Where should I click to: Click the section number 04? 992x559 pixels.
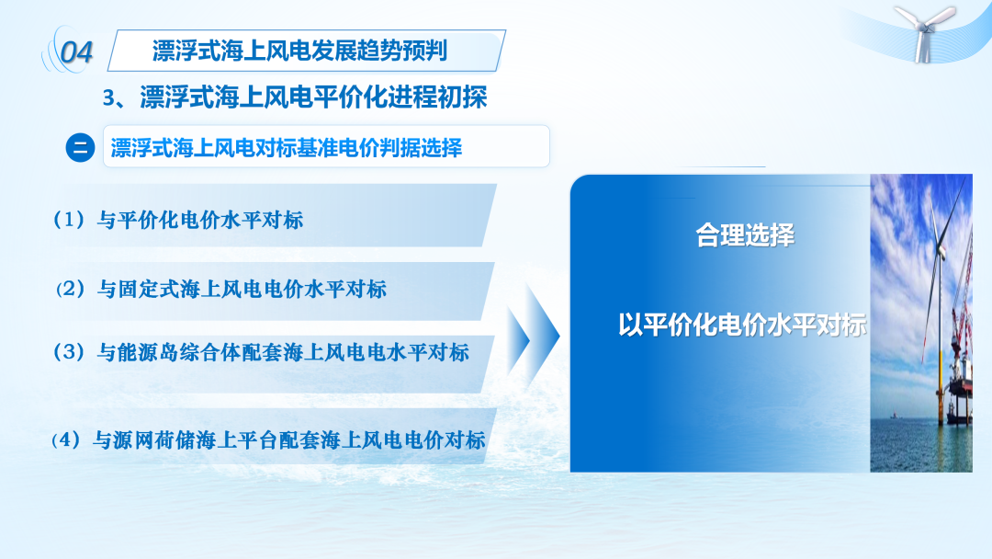[x=76, y=51]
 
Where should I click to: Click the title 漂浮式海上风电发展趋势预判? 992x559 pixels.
[x=299, y=51]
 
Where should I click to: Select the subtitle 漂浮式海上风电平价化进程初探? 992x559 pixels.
[x=313, y=97]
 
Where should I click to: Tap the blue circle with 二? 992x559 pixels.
[x=80, y=147]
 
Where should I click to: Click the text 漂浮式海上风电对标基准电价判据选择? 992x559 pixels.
[x=287, y=148]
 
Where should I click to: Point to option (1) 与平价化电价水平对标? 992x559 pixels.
[x=178, y=220]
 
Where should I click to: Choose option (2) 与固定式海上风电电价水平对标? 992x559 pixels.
[x=220, y=290]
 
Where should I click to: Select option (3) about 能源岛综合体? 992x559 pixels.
[x=261, y=352]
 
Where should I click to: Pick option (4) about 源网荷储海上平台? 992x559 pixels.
[x=268, y=439]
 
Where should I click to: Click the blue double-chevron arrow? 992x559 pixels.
[x=533, y=337]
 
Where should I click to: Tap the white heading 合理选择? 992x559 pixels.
[x=745, y=235]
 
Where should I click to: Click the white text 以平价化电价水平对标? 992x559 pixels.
[x=742, y=325]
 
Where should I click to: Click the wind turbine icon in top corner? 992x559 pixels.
[x=924, y=32]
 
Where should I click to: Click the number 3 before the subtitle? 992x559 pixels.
[x=108, y=98]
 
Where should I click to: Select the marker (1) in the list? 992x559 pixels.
[x=69, y=220]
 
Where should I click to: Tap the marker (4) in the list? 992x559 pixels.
[x=66, y=439]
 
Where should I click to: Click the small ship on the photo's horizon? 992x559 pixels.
[x=894, y=416]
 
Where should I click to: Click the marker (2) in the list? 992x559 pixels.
[x=70, y=290]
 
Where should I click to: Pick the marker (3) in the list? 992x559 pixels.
[x=69, y=352]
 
